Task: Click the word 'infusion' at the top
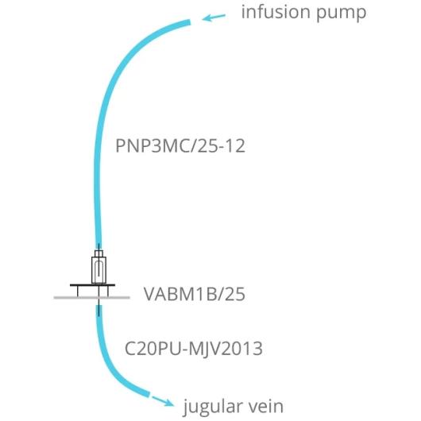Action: coord(276,12)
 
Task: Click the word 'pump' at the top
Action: coord(342,14)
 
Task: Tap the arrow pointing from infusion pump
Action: coord(214,17)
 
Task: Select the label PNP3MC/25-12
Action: coord(180,146)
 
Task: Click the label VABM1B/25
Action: coord(195,294)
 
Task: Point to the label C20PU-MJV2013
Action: coord(194,348)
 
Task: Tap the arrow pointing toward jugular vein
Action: coord(163,400)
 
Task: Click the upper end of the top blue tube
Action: coord(190,22)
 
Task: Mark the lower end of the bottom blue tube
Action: coord(149,394)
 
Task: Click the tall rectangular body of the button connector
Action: coord(98,270)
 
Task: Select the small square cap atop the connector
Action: coord(98,253)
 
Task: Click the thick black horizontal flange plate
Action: coord(93,285)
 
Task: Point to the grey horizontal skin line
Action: coord(92,298)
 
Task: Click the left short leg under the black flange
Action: coord(78,292)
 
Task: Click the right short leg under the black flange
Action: coord(108,292)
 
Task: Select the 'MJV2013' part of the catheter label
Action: coord(226,348)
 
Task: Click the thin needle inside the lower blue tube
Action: coord(98,310)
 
